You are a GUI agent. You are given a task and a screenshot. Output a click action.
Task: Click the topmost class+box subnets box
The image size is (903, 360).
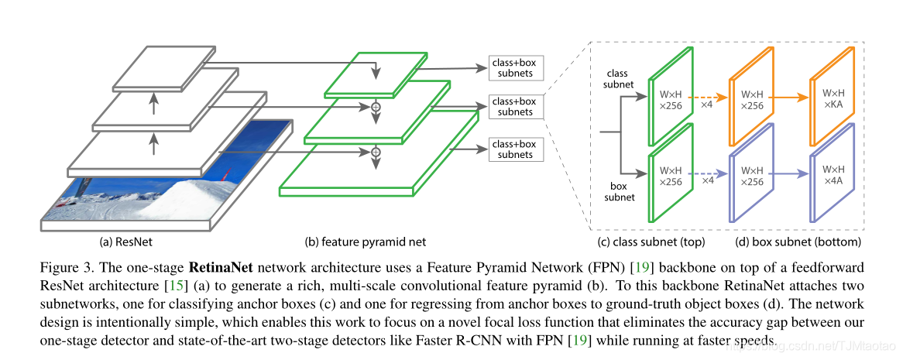516,68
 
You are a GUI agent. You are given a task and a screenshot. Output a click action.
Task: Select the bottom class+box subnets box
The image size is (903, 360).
516,149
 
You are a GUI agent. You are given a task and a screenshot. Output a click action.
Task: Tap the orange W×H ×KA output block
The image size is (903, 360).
833,98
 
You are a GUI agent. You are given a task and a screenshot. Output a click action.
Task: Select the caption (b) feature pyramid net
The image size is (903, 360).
365,241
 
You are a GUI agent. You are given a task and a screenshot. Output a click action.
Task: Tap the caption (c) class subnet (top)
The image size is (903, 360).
651,241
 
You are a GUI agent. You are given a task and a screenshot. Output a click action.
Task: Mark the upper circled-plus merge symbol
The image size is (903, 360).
376,107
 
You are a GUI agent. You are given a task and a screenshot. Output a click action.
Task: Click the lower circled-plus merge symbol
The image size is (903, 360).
376,152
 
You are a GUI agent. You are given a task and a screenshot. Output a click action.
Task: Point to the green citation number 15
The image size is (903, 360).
174,286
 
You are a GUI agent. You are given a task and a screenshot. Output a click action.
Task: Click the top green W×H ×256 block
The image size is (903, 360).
671,98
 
